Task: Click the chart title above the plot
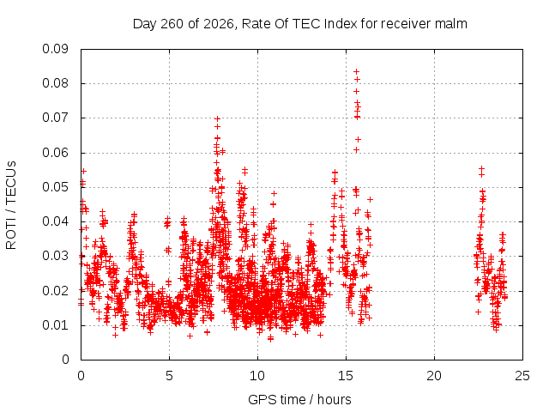pos(300,24)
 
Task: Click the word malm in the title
pos(451,24)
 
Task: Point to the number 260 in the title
pos(172,24)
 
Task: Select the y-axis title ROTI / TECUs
pos(11,205)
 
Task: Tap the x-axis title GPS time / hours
pos(299,399)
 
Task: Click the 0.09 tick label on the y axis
pos(55,49)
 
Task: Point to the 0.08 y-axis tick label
pos(55,83)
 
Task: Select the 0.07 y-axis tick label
pos(55,118)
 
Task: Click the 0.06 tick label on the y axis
pos(55,153)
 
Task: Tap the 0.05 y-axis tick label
pos(55,187)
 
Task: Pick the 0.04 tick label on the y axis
pos(55,221)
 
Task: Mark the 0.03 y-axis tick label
pos(55,256)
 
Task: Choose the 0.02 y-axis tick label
pos(55,291)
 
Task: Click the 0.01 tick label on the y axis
pos(55,325)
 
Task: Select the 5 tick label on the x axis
pos(170,376)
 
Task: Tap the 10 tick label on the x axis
pos(257,376)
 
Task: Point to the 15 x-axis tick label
pos(346,376)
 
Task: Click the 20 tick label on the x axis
pos(434,376)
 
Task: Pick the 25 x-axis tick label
pos(522,376)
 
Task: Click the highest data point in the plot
pos(357,72)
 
